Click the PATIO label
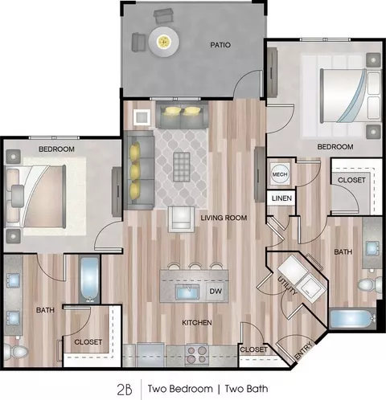click(x=220, y=45)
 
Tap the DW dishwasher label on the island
click(x=216, y=292)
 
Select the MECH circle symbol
click(x=280, y=174)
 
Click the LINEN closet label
click(x=281, y=198)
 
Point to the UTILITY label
click(x=287, y=285)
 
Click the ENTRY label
click(x=303, y=351)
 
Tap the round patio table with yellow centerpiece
click(x=164, y=41)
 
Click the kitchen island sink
click(x=187, y=292)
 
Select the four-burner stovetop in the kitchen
click(x=198, y=354)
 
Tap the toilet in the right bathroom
click(x=370, y=285)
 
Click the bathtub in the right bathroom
click(x=353, y=319)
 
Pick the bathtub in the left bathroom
click(x=89, y=280)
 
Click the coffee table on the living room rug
click(x=182, y=166)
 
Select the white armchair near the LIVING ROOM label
click(x=181, y=219)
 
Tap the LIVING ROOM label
click(x=224, y=218)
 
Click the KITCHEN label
click(x=197, y=323)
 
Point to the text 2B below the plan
click(x=125, y=390)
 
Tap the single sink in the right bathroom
click(x=372, y=248)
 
